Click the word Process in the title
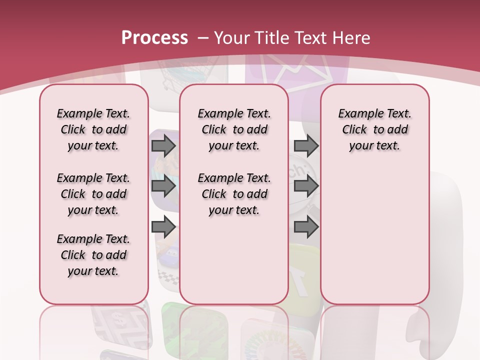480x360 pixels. click(x=154, y=37)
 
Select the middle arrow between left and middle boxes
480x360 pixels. click(x=163, y=186)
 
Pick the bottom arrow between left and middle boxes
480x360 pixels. click(x=163, y=227)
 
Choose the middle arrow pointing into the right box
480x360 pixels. click(x=306, y=186)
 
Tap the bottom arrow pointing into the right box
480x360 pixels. click(x=306, y=227)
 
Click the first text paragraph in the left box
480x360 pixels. click(x=93, y=129)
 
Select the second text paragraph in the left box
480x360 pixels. click(x=93, y=194)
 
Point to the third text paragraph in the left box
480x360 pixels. click(x=93, y=255)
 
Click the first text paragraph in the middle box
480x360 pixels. click(x=234, y=129)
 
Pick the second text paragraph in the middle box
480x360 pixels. click(x=234, y=194)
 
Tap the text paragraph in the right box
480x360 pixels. click(x=374, y=129)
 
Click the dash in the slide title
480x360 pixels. click(x=202, y=38)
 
